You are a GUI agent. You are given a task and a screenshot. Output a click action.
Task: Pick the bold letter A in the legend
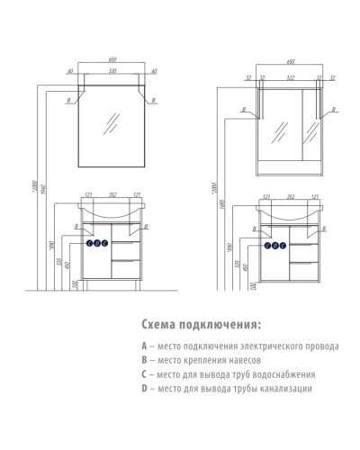coord(144,346)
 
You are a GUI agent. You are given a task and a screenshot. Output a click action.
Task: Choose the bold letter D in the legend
coord(144,389)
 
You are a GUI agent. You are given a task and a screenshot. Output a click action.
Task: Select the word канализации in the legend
coord(285,389)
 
